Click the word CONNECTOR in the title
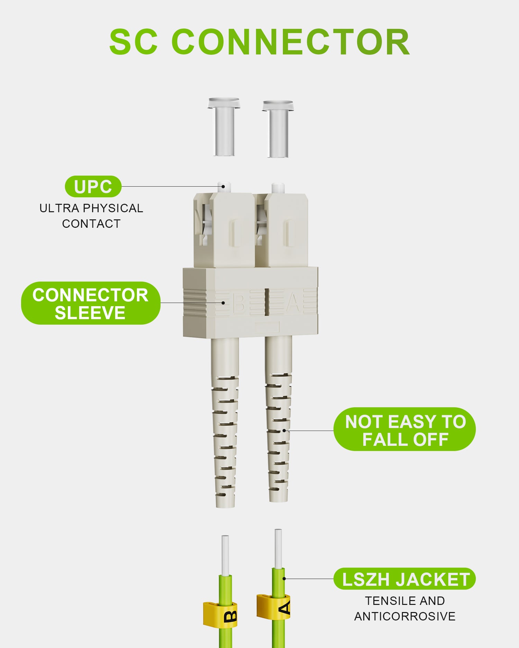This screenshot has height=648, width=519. click(291, 42)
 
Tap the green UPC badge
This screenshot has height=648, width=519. click(93, 187)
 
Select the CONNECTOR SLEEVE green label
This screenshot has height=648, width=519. click(91, 303)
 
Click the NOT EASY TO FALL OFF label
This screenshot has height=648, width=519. click(404, 429)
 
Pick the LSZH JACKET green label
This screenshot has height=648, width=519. click(404, 579)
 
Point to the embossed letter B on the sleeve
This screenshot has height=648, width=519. click(238, 303)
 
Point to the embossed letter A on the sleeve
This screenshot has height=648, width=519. click(293, 303)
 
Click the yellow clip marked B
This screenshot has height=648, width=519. click(220, 614)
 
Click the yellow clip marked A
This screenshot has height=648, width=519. click(273, 607)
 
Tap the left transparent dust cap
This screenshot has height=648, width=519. click(224, 127)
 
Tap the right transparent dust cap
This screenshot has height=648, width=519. click(278, 129)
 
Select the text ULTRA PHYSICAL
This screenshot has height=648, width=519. click(91, 208)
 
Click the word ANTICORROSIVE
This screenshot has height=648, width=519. click(405, 616)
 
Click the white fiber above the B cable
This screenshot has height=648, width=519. click(225, 555)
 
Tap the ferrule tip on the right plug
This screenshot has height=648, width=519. click(278, 188)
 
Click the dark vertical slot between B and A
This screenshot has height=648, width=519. click(267, 302)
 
